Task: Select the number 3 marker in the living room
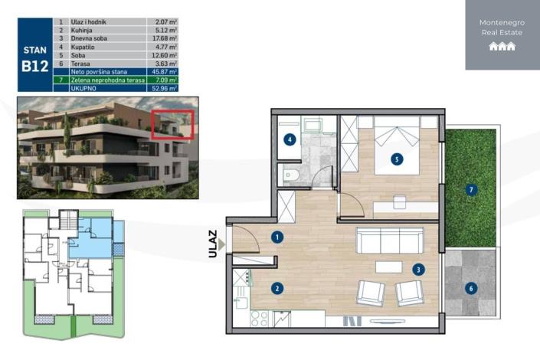point(418,270)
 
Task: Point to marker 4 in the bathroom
point(290,139)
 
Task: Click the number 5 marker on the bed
point(395,159)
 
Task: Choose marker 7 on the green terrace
point(472,189)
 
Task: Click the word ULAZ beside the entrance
point(213,244)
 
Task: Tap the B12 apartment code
point(34,65)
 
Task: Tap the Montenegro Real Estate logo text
point(502,28)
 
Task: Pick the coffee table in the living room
point(389,266)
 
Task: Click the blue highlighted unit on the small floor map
point(92,241)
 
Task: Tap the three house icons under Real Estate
point(502,47)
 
